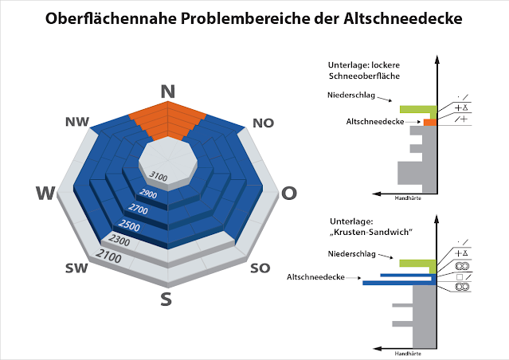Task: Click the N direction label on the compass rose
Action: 167,91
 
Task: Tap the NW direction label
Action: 77,121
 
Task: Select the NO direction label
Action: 264,123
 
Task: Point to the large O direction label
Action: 290,193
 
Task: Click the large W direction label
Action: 46,194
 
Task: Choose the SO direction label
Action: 260,268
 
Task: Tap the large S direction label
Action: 166,299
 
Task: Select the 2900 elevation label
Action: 146,194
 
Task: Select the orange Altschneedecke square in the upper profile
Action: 430,123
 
